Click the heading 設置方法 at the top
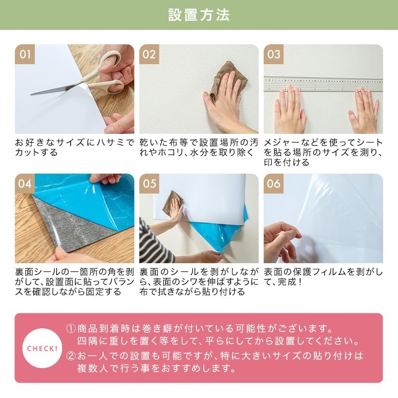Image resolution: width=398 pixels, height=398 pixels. [x=199, y=15]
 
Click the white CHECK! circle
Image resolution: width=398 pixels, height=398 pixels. [x=42, y=348]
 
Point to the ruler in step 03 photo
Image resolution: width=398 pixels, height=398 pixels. [x=323, y=83]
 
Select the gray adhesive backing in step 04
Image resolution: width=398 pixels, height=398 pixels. [x=65, y=224]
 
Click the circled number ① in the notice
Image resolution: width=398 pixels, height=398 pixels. [x=71, y=329]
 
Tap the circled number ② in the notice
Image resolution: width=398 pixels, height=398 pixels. [x=71, y=356]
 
